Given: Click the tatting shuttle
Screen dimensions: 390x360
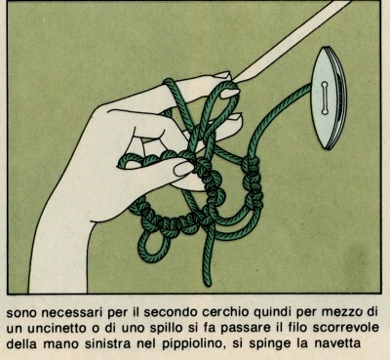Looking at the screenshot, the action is [x=329, y=98].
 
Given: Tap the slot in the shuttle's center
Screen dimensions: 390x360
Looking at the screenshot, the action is [x=325, y=99].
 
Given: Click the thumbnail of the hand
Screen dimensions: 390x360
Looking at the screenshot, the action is [x=183, y=169].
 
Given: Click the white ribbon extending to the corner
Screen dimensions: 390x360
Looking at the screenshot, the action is [x=292, y=41].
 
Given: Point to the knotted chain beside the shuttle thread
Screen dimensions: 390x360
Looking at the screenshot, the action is [x=253, y=182].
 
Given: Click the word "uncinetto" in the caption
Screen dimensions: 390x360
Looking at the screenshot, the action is [x=58, y=328].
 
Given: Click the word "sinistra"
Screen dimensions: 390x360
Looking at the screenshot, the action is [x=110, y=343].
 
